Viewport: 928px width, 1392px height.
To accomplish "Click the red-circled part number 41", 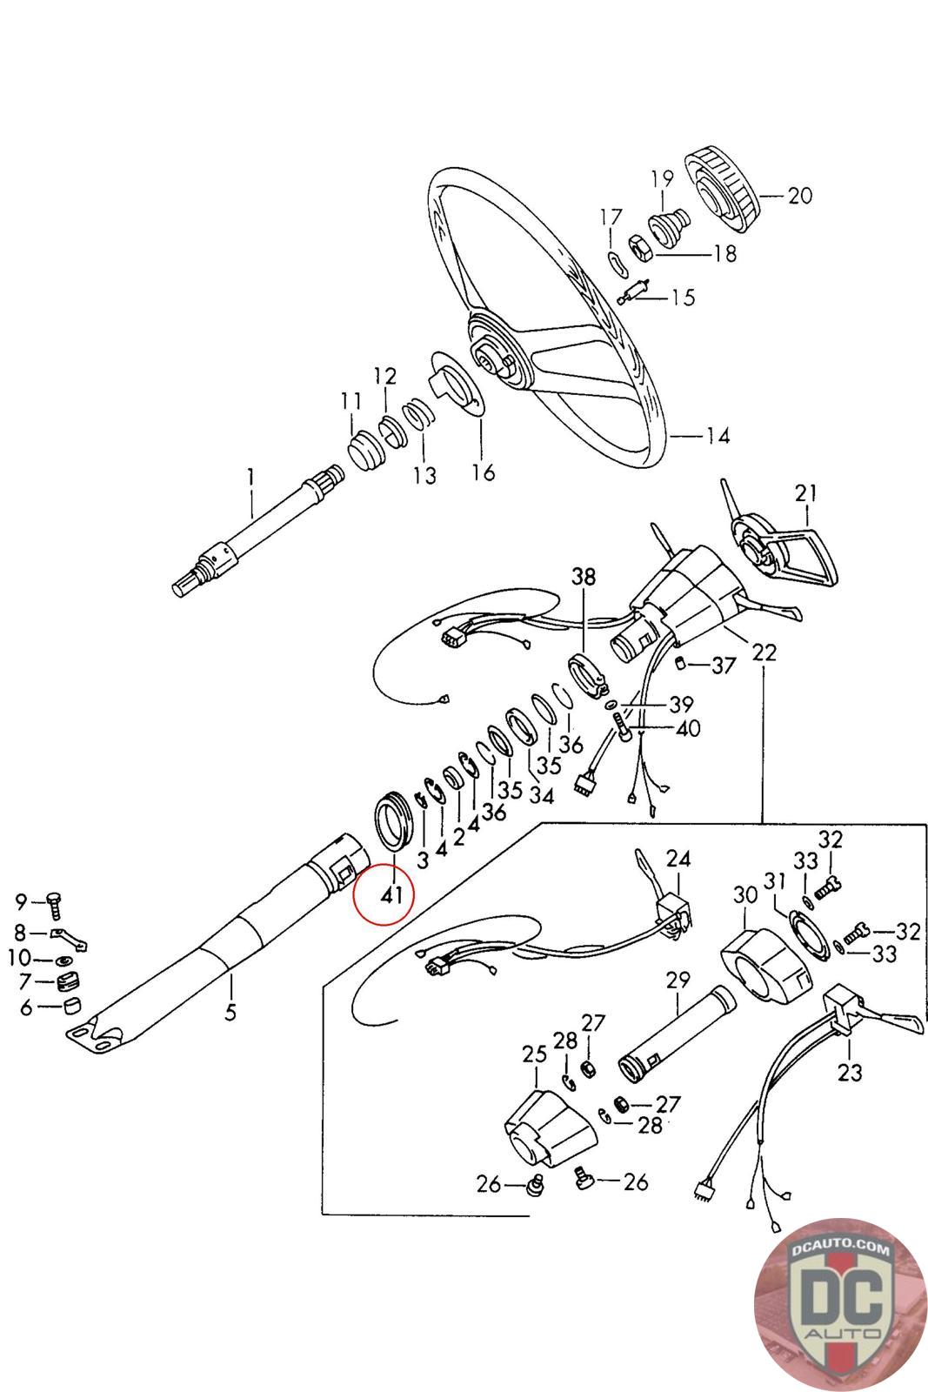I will tap(391, 893).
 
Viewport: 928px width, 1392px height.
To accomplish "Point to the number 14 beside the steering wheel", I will tap(718, 436).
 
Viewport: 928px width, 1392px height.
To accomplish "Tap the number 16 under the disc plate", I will tap(483, 472).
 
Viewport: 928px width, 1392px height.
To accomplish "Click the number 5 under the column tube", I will tap(231, 1012).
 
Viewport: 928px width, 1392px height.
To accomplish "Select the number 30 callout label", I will tap(745, 894).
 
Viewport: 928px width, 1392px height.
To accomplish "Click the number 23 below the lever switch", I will tap(849, 1072).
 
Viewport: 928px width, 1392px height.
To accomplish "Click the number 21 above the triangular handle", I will tap(806, 494).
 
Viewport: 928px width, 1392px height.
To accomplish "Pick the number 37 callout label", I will tap(724, 666).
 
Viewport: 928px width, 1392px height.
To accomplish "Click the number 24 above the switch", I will tap(678, 859).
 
